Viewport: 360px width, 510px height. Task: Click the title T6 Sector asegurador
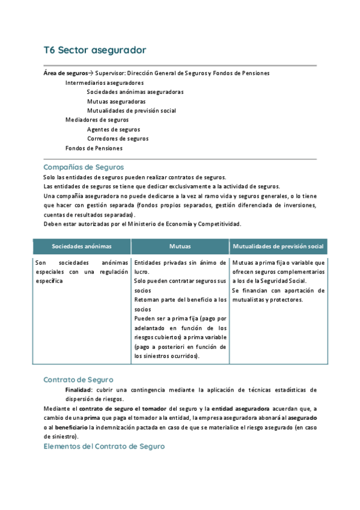[94, 49]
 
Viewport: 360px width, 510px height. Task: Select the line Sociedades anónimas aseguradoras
[135, 92]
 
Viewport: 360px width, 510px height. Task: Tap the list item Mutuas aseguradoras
[116, 102]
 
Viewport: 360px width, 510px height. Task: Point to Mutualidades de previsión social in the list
[131, 111]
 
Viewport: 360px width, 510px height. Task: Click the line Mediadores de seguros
[97, 120]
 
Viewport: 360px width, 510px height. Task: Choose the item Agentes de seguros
[114, 129]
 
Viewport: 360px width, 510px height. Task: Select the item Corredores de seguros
[118, 138]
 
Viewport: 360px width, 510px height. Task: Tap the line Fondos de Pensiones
[94, 148]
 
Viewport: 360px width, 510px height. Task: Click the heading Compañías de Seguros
[84, 167]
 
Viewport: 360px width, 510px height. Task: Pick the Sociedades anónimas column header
[82, 247]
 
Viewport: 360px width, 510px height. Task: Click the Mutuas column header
[180, 247]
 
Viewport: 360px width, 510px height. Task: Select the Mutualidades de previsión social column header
[278, 247]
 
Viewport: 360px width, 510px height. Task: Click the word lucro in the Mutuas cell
[142, 272]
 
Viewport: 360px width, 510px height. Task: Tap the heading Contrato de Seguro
[78, 380]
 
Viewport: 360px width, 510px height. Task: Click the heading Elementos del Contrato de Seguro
[103, 447]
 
